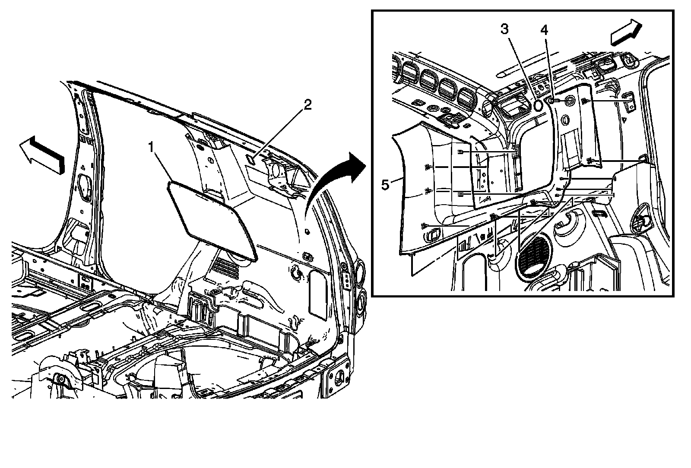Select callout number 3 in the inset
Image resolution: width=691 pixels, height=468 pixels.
tap(504, 30)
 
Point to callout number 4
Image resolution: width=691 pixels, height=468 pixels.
tap(544, 30)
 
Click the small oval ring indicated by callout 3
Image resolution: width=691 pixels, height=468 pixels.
tap(539, 105)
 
